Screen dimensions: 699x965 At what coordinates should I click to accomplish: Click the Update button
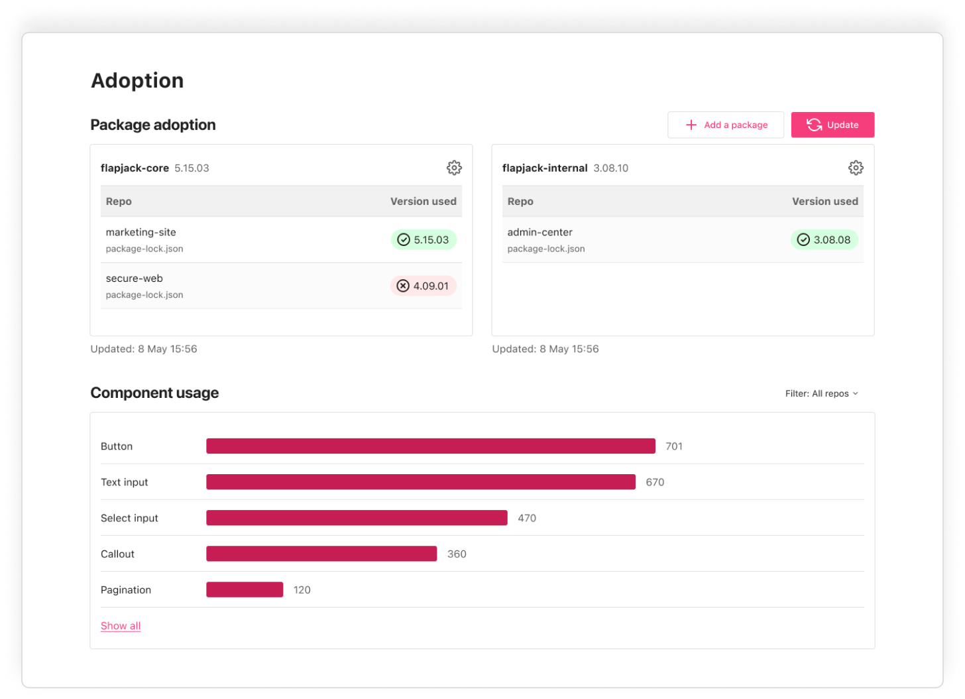(832, 125)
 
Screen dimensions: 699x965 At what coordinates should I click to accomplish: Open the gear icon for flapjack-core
(454, 168)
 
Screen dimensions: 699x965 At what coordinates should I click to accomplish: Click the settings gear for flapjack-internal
(856, 168)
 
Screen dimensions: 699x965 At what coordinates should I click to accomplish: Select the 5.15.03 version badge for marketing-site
(424, 239)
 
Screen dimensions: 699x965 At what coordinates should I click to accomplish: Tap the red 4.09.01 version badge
(423, 286)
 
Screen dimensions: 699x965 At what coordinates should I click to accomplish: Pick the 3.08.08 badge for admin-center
(824, 239)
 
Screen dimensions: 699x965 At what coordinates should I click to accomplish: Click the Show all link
(121, 625)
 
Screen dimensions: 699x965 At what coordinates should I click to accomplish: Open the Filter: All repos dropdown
(822, 393)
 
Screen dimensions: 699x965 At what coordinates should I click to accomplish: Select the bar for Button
(431, 446)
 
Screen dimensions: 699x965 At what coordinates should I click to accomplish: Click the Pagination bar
(245, 590)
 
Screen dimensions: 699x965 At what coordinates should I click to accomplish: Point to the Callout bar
(321, 554)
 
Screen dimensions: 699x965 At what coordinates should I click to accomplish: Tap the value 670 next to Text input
(655, 482)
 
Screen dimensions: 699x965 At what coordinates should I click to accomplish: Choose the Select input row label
(129, 518)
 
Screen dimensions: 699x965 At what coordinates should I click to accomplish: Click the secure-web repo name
(135, 279)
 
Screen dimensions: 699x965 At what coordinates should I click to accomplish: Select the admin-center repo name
(540, 232)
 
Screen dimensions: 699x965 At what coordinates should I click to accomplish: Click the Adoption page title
(137, 80)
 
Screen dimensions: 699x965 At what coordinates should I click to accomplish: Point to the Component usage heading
(154, 393)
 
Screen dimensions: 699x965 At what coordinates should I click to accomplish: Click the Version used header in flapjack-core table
(423, 201)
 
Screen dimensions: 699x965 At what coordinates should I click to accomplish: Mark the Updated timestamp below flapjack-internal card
(545, 349)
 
